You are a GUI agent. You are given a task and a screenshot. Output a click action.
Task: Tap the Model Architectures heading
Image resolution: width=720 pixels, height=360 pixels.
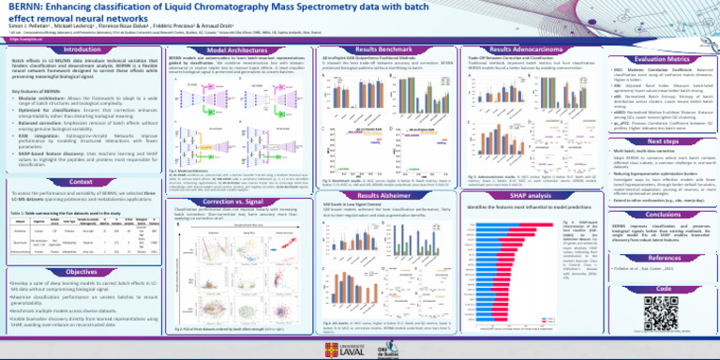point(223,51)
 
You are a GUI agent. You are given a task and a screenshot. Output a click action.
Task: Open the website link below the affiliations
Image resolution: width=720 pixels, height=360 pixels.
point(20,38)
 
